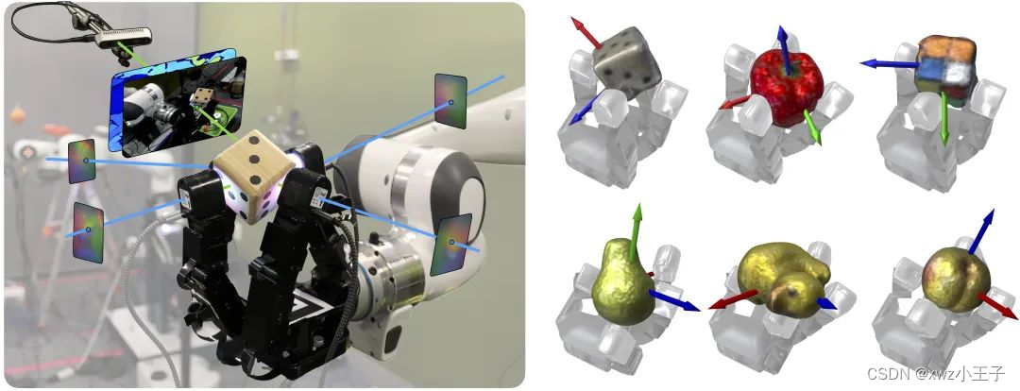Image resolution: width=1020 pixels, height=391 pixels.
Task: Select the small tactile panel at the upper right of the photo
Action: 450,100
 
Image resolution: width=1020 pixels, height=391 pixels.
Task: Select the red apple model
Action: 787,89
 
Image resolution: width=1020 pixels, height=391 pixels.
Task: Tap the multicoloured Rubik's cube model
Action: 945,68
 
